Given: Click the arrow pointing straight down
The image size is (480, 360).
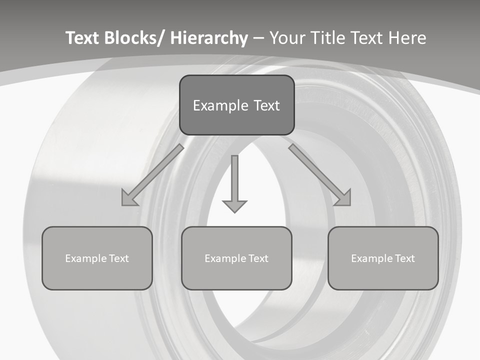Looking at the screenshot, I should pyautogui.click(x=234, y=185).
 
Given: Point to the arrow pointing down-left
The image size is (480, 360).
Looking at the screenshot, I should pyautogui.click(x=152, y=175).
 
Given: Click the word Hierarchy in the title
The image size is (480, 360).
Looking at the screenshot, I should pyautogui.click(x=209, y=38).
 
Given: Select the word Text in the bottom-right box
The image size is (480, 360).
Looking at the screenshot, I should pyautogui.click(x=404, y=258).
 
